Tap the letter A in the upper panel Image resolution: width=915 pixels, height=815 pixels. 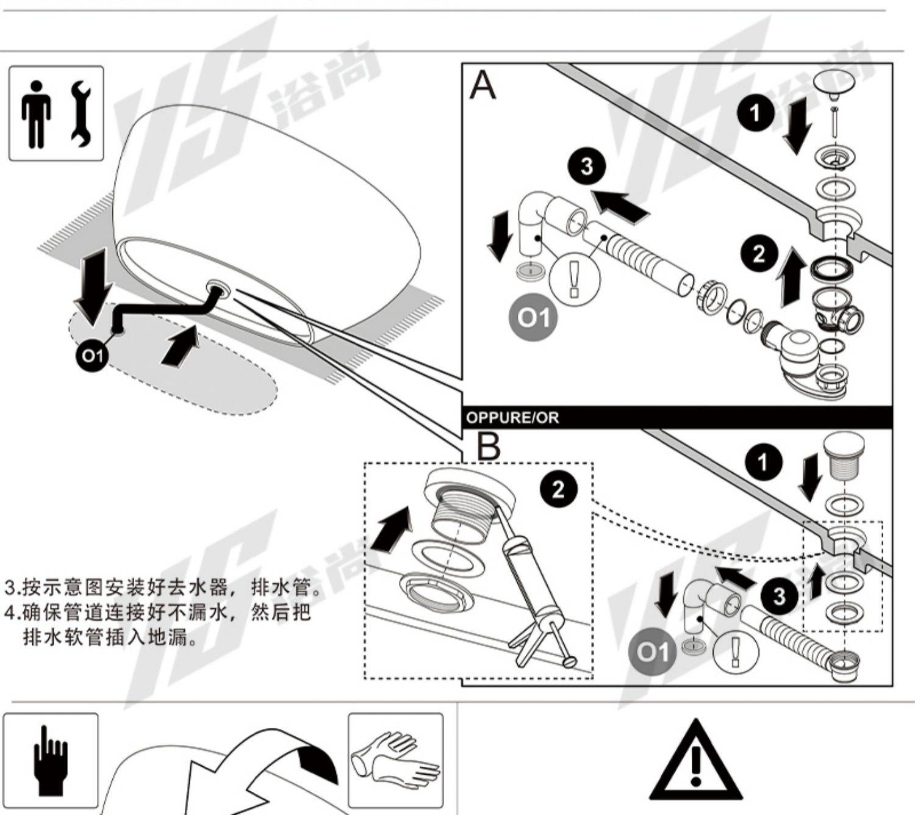pos(483,85)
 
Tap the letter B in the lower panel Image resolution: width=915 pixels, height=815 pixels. pos(488,447)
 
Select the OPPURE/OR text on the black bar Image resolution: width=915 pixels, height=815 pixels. pos(512,418)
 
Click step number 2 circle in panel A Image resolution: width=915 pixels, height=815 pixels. pos(759,254)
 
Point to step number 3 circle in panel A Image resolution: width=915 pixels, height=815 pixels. pos(587,166)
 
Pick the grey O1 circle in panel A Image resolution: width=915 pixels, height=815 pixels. pos(534,318)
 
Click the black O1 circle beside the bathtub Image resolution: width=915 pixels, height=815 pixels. pos(93,356)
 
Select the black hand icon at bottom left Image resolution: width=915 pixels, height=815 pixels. pos(51,759)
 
